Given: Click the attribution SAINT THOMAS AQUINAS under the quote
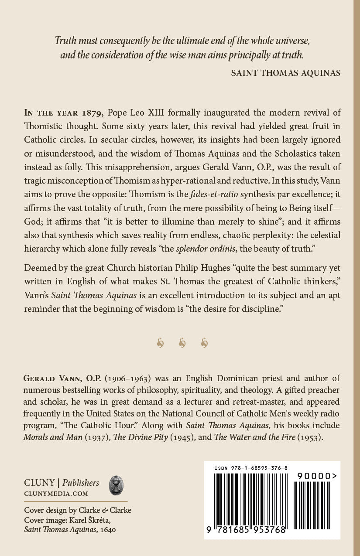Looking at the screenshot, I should pos(285,73).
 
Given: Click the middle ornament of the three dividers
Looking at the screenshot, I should pos(182,344).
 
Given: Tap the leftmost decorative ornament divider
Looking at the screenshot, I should pos(160,344).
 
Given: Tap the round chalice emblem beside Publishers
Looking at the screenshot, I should pos(116,485).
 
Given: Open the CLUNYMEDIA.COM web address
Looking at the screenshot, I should pos(56,494).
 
